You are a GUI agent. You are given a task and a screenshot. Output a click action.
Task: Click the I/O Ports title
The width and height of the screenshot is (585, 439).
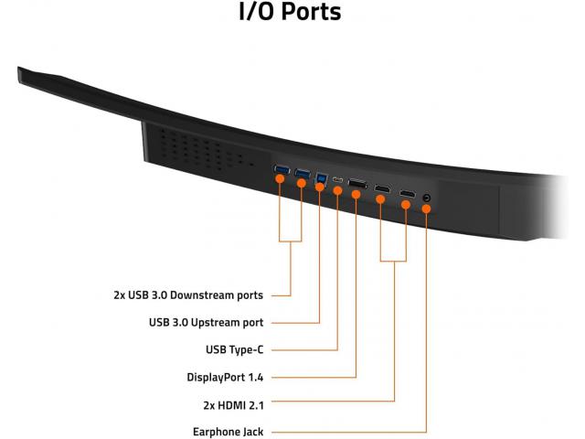tap(290, 12)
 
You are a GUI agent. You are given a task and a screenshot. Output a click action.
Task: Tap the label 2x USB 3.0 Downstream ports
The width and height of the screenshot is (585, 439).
tap(188, 295)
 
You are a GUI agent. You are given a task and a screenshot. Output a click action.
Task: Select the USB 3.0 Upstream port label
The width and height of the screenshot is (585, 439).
tap(206, 323)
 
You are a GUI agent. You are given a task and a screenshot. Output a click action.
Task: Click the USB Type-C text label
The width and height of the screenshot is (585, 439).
tap(234, 349)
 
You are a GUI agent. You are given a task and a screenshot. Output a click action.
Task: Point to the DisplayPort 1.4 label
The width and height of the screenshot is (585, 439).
tap(225, 377)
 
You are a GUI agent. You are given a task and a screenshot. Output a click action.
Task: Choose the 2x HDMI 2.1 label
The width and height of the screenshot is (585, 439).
tap(234, 405)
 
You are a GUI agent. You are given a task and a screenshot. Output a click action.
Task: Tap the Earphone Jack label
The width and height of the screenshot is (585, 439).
tap(228, 432)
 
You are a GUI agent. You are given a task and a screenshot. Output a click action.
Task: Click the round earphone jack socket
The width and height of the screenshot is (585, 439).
tap(427, 198)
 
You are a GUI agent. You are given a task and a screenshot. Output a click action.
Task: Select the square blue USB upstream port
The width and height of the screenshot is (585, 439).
tap(321, 177)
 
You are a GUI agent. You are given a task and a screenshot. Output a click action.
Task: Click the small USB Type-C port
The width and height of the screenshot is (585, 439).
tap(337, 180)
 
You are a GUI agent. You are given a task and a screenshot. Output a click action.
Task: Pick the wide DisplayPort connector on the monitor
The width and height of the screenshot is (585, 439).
tap(357, 184)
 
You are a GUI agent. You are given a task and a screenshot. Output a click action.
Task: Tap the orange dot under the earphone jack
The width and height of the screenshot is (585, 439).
tap(426, 209)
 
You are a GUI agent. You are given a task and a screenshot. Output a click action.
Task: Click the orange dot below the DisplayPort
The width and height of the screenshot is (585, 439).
tap(356, 195)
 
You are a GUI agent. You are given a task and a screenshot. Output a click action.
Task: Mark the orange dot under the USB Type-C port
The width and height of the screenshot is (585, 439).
tap(337, 191)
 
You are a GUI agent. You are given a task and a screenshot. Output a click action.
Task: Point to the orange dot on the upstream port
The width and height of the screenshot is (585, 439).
tap(319, 187)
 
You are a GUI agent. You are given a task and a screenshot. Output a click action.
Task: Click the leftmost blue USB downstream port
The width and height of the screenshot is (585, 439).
tap(282, 170)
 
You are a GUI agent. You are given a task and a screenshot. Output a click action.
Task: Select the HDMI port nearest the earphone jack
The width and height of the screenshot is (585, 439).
tap(408, 194)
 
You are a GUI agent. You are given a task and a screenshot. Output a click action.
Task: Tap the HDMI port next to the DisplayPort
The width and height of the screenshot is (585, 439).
tap(382, 188)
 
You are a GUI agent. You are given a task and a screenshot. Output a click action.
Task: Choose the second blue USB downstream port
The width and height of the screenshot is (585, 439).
tap(303, 173)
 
